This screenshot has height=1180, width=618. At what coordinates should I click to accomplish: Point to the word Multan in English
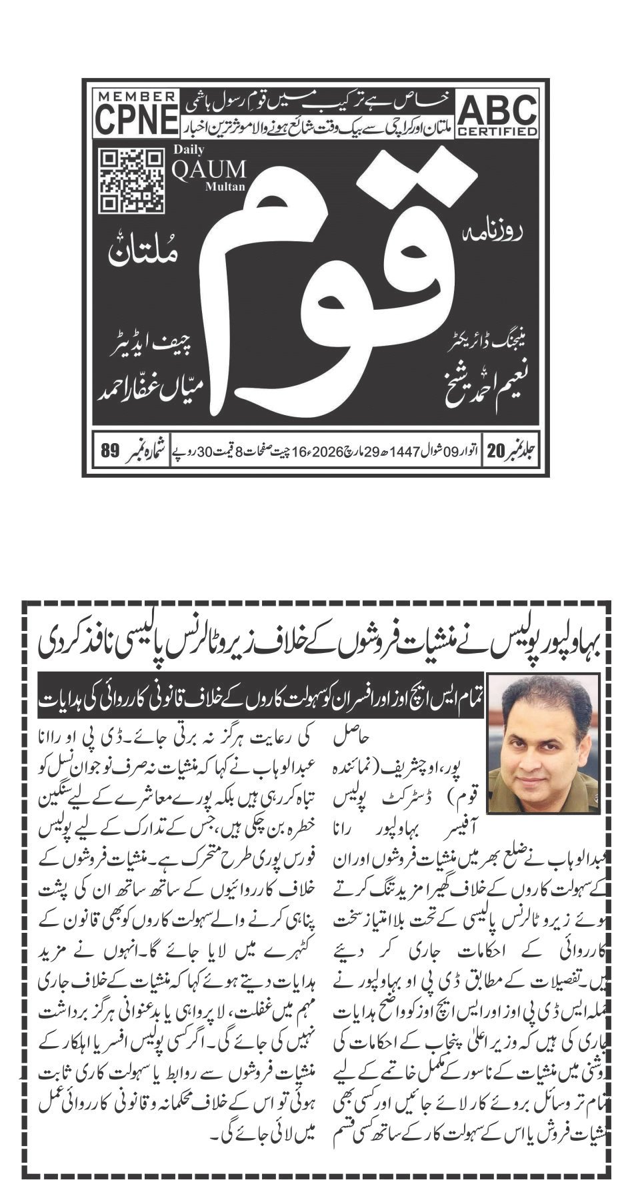[x=225, y=187]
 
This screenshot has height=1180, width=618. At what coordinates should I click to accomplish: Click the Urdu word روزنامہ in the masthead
[x=501, y=235]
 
